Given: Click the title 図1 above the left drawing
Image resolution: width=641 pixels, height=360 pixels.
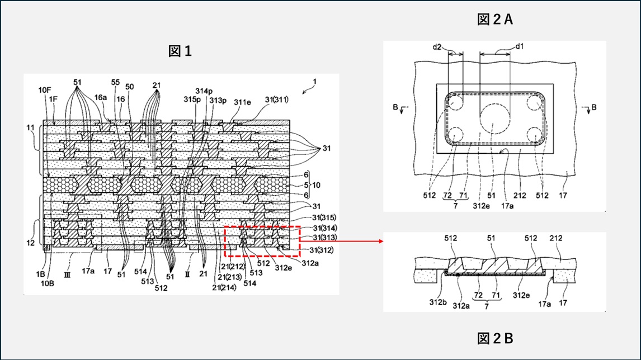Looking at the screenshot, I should click(x=180, y=51).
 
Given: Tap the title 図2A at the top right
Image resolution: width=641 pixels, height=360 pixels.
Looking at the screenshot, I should click(x=495, y=20).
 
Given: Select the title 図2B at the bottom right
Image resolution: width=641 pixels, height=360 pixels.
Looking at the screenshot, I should click(x=495, y=338).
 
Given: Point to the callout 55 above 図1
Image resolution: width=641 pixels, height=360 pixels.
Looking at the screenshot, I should click(x=115, y=82).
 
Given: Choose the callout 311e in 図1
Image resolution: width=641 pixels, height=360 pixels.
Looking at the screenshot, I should click(x=242, y=103).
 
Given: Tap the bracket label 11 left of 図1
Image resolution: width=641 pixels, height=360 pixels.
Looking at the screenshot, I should click(x=29, y=128).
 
